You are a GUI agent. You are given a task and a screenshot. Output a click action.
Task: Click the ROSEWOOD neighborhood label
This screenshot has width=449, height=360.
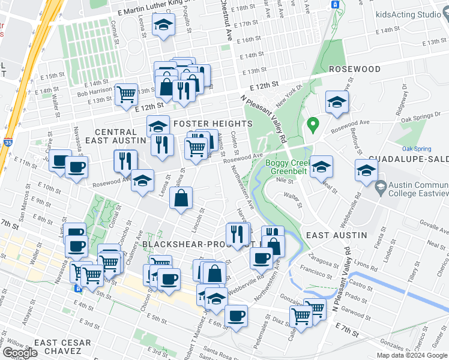point(354,69)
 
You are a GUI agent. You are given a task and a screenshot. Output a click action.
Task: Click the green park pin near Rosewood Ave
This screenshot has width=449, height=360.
point(312,125)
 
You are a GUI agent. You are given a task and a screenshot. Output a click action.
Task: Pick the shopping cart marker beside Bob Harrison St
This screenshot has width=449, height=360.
point(126,94)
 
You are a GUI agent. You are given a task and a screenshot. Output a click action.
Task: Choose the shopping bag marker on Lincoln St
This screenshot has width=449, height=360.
point(181,197)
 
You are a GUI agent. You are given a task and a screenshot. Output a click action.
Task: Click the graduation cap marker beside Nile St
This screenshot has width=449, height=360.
point(322,166)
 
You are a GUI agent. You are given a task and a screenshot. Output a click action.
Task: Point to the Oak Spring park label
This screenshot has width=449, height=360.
point(416,148)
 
